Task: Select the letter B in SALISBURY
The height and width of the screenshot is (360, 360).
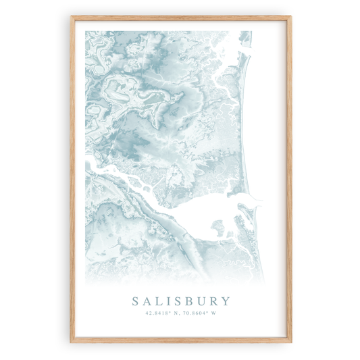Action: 186,301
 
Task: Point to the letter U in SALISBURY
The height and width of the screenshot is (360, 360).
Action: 200,301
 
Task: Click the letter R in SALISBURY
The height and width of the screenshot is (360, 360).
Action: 213,301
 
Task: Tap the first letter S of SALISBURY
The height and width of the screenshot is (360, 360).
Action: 136,301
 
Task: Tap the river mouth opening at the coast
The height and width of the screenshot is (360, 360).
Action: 255,198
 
